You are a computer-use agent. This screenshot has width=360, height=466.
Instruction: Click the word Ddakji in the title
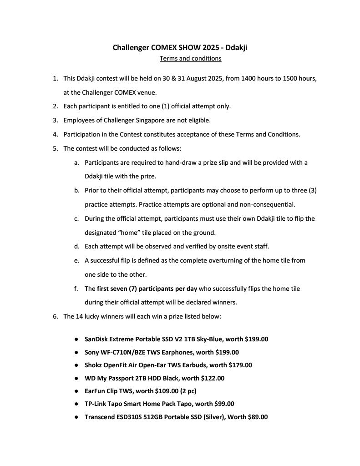pos(236,47)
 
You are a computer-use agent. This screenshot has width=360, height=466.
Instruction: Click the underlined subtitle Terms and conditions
pos(190,58)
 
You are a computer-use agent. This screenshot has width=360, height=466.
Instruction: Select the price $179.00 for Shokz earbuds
pos(240,365)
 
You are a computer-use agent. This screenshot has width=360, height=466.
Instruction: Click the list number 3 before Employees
pos(56,121)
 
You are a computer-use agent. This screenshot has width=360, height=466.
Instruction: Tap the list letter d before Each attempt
pos(76,246)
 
